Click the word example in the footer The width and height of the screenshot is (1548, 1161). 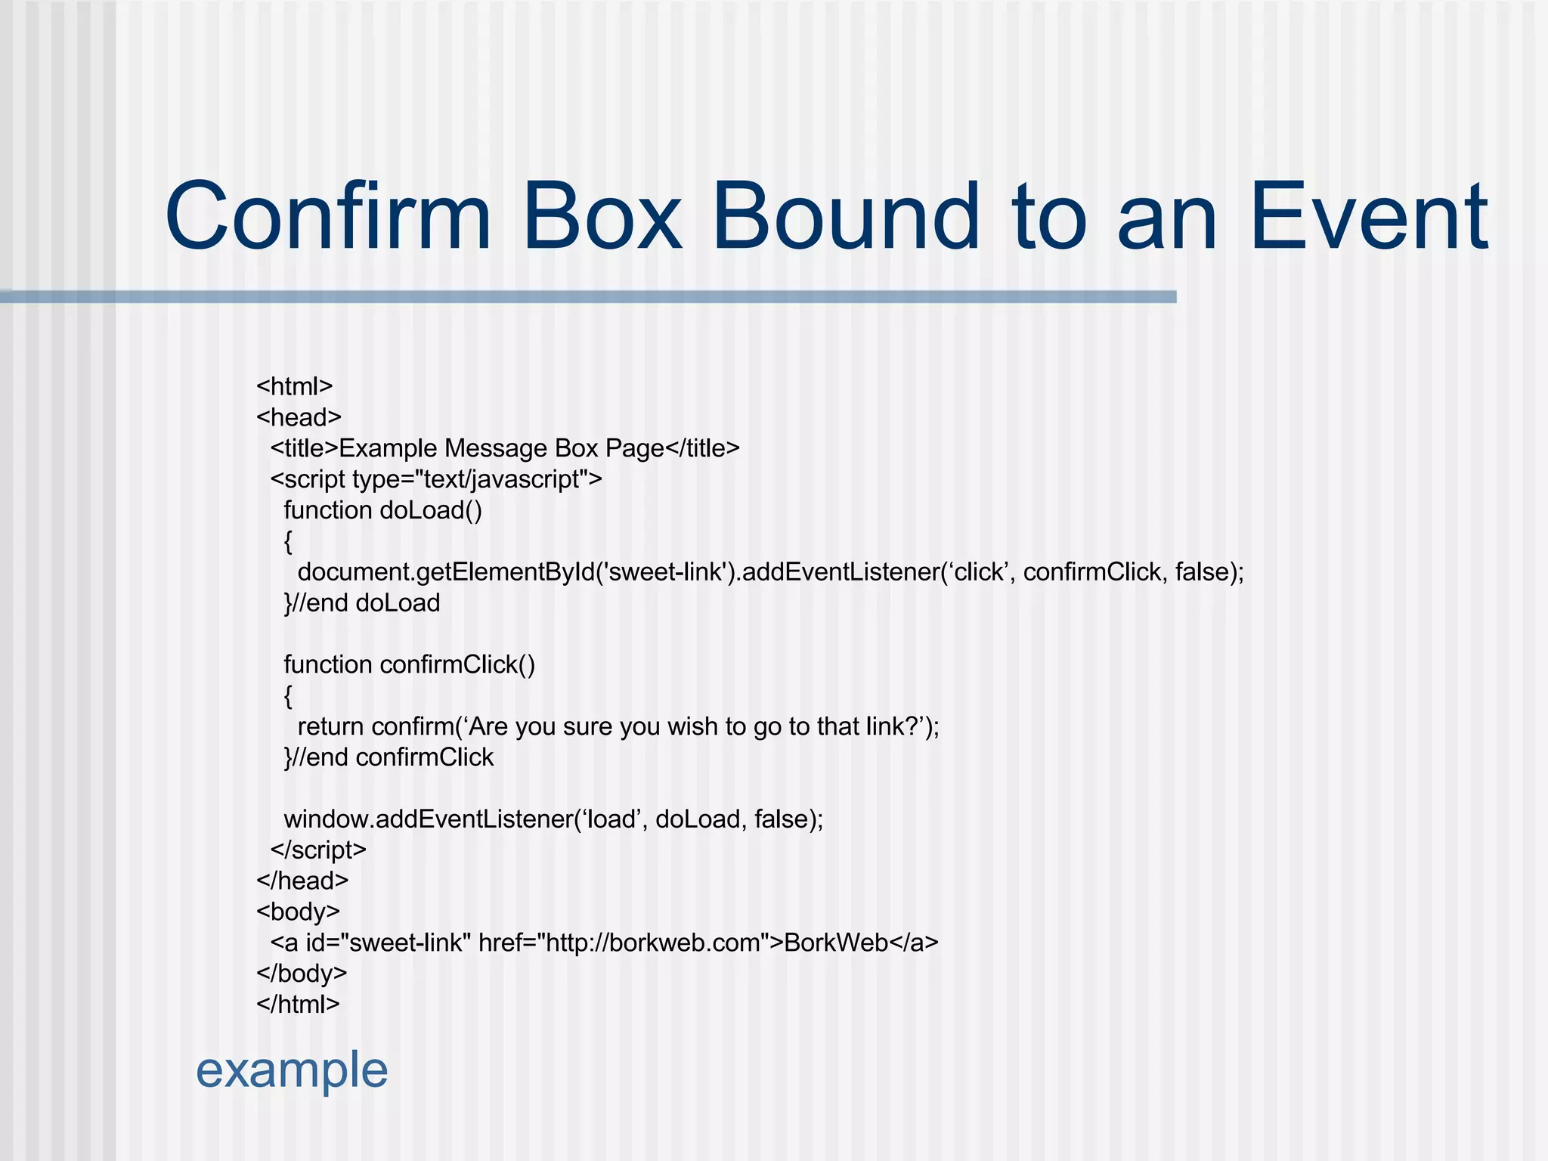tap(292, 1070)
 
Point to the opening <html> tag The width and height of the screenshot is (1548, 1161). tap(295, 386)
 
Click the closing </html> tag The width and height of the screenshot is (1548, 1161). tap(298, 1004)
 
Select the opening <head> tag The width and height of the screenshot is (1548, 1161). tap(299, 417)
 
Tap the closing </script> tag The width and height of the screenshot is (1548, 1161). tap(318, 850)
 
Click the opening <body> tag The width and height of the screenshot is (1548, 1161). tap(298, 912)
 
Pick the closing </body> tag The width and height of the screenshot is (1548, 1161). tap(302, 973)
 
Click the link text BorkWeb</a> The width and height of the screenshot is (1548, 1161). tap(861, 943)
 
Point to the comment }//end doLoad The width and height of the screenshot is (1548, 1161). tap(362, 603)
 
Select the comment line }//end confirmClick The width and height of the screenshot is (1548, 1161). tap(389, 757)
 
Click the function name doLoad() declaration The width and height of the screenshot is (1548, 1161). tap(431, 510)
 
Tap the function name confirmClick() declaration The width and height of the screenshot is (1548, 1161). tap(457, 664)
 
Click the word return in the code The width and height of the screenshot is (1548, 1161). tap(331, 726)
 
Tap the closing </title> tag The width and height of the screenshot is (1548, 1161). tap(702, 448)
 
